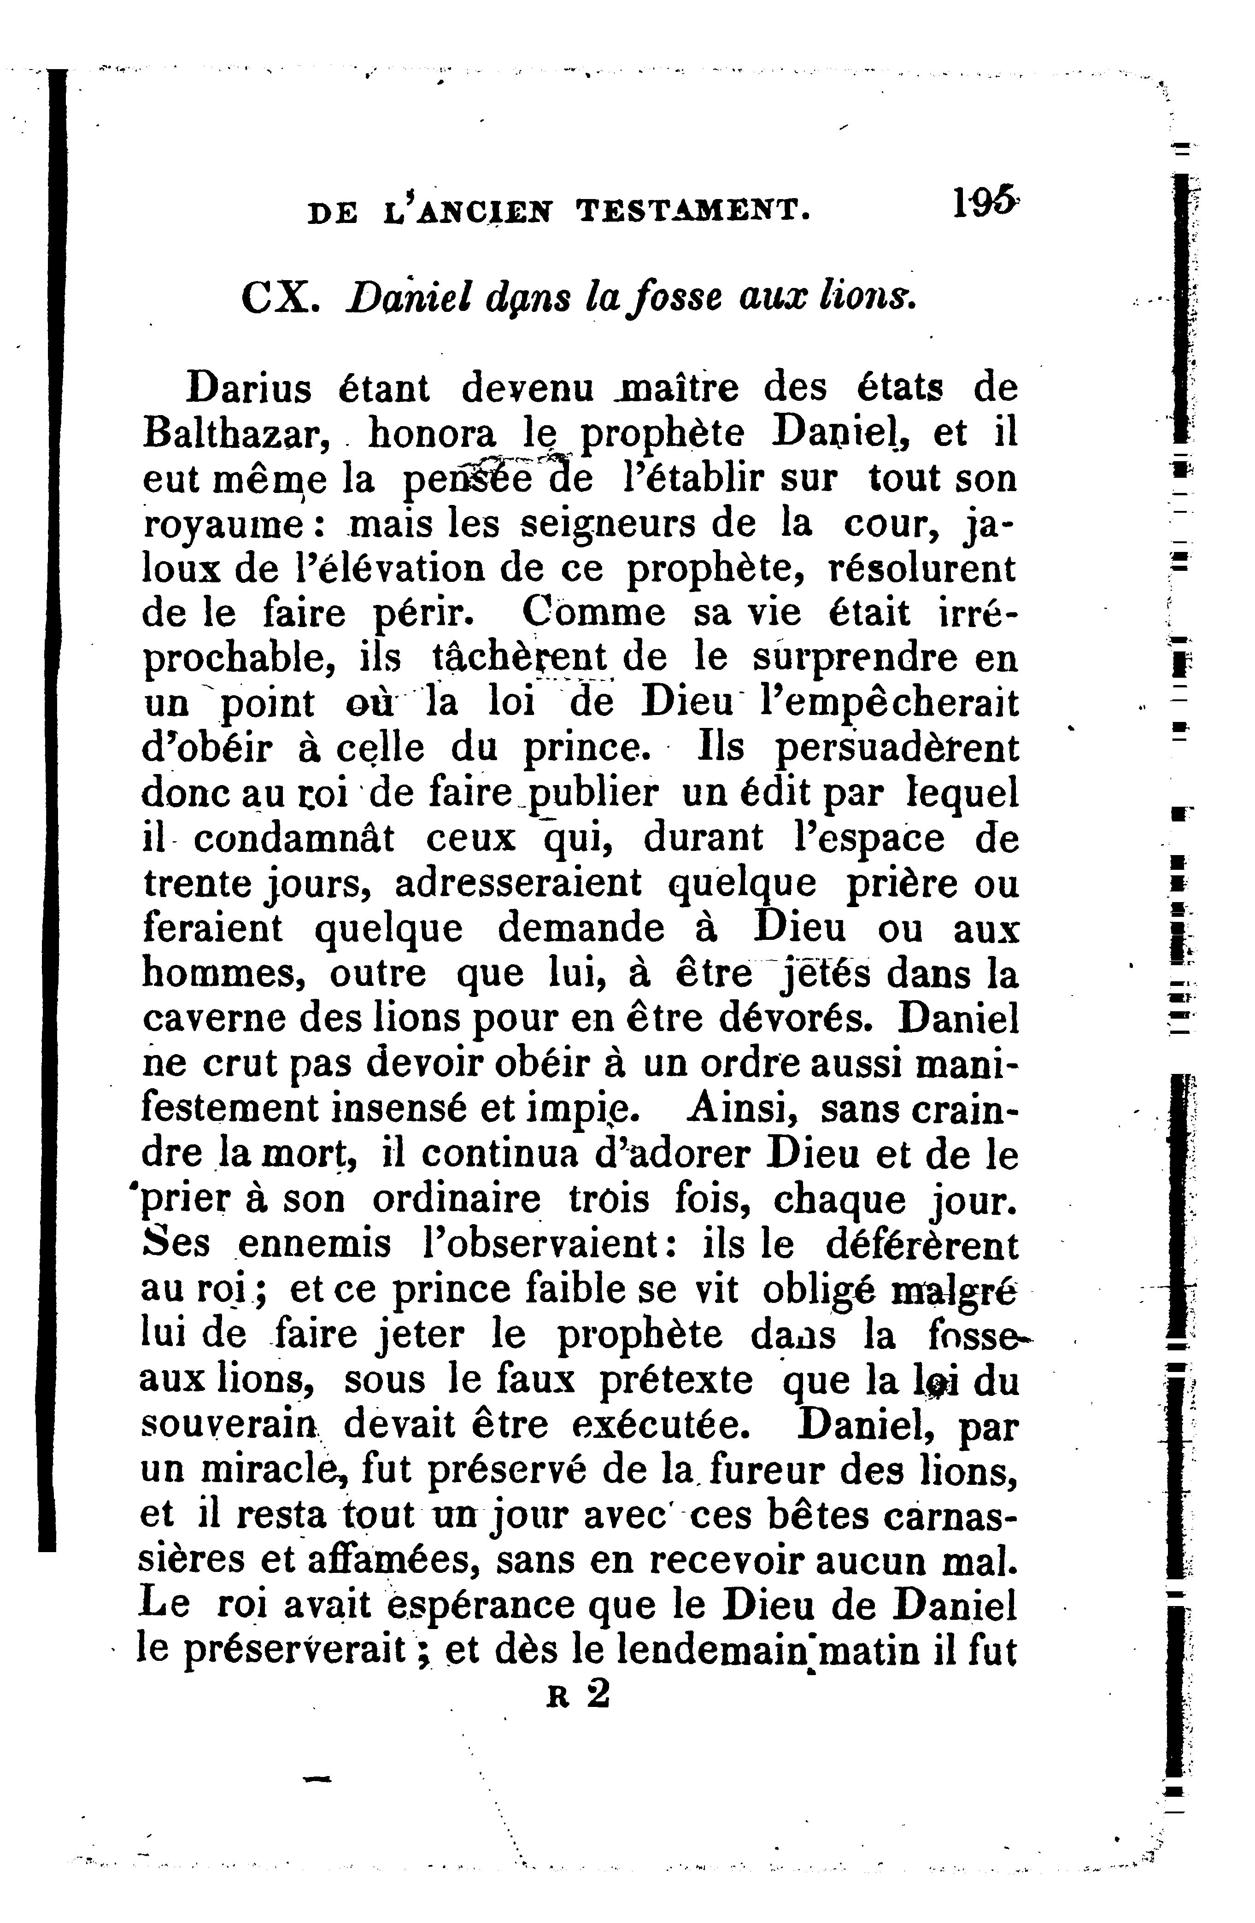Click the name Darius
click(x=248, y=389)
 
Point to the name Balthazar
click(x=235, y=435)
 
